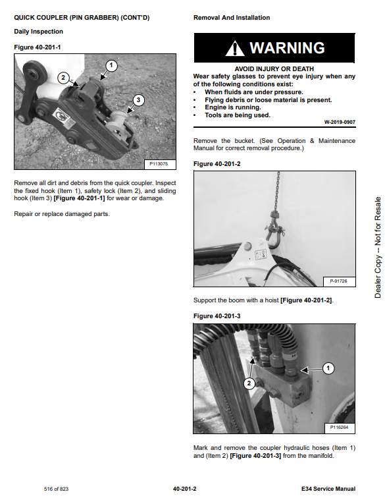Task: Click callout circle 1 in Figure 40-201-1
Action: pyautogui.click(x=111, y=66)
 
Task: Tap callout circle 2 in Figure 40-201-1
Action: pyautogui.click(x=63, y=78)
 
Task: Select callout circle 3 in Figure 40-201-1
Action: pyautogui.click(x=138, y=100)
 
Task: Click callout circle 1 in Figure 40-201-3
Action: pyautogui.click(x=328, y=368)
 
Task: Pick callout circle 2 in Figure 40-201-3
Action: pyautogui.click(x=249, y=383)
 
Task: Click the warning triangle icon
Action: pyautogui.click(x=235, y=49)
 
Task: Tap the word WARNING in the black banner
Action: pyautogui.click(x=287, y=48)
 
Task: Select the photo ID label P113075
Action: pyautogui.click(x=159, y=164)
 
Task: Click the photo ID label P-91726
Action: pyautogui.click(x=338, y=281)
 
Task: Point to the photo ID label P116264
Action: pyautogui.click(x=339, y=428)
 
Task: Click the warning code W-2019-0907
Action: pyautogui.click(x=340, y=122)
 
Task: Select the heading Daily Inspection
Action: pyautogui.click(x=39, y=32)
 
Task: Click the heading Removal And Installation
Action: pyautogui.click(x=232, y=18)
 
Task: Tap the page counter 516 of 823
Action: pyautogui.click(x=56, y=489)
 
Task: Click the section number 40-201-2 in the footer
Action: pyautogui.click(x=185, y=489)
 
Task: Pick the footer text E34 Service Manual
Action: pyautogui.click(x=328, y=489)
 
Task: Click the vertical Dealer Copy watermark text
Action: pyautogui.click(x=378, y=248)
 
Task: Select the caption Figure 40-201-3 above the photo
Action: pyautogui.click(x=217, y=316)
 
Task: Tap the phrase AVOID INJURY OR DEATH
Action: pyautogui.click(x=274, y=69)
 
